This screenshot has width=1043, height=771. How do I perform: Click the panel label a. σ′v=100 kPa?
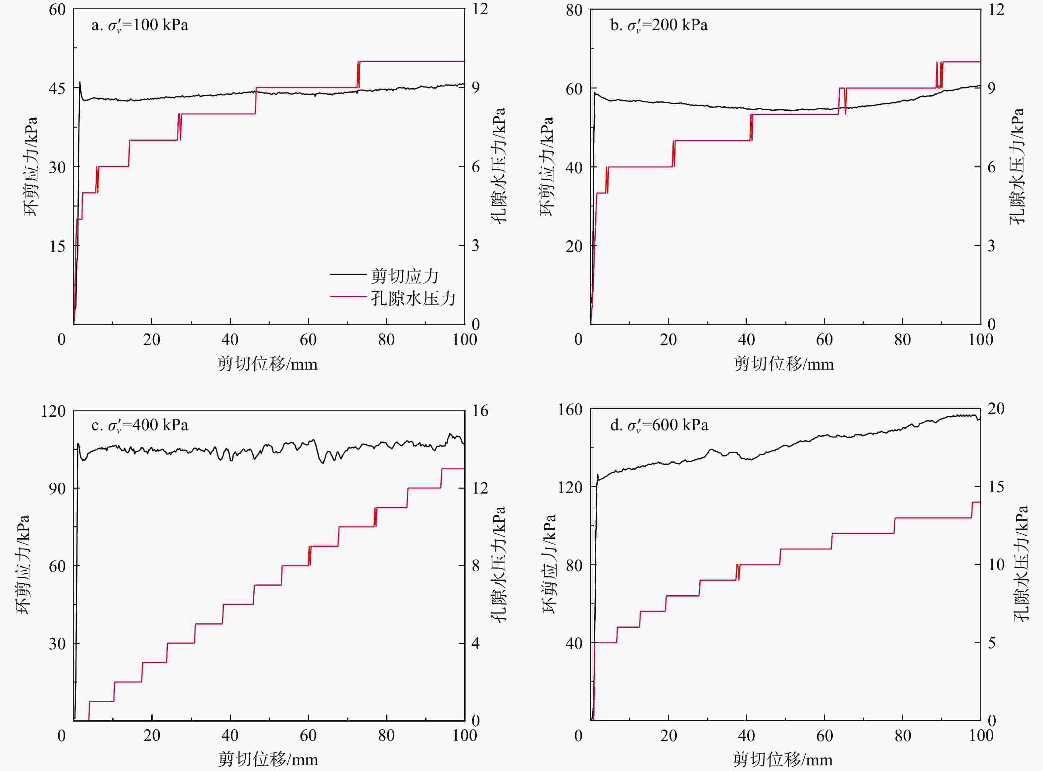point(139,25)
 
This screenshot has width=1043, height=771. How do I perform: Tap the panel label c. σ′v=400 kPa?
point(139,425)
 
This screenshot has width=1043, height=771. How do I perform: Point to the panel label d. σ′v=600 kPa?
point(659,425)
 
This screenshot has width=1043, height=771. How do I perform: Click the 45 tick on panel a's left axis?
point(57,88)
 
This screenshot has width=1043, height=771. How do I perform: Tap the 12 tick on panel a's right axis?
point(479,9)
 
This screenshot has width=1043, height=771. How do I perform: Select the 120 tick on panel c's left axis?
point(53,411)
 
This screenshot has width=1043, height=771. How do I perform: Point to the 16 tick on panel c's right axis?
point(480,411)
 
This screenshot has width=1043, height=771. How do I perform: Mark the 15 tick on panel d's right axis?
point(996,487)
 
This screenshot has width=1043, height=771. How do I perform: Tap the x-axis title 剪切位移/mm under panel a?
point(267,364)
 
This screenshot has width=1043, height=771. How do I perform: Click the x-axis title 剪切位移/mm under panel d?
point(782,759)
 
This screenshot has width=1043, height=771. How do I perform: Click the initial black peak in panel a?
point(80,83)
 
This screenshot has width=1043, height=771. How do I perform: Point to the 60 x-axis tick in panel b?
point(824,340)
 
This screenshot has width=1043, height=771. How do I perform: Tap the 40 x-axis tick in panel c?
point(230,736)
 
